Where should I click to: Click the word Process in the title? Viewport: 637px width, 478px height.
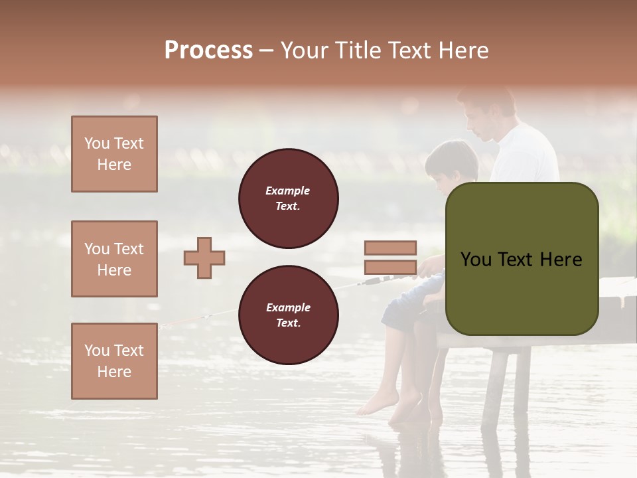(208, 50)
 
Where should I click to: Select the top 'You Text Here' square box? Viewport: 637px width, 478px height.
(114, 154)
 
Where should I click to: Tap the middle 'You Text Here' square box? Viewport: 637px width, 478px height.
(114, 259)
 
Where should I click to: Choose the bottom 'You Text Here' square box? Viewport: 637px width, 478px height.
(114, 361)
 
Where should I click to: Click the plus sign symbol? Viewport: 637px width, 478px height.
(204, 258)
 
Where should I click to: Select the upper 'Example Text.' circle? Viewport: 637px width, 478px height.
(288, 199)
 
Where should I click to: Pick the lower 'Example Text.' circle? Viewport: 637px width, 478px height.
(288, 315)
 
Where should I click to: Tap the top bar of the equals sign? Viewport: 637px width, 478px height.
(390, 248)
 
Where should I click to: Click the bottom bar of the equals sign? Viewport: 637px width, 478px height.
(390, 268)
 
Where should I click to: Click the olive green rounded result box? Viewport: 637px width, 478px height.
(522, 259)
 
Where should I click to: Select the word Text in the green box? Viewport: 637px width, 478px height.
(522, 260)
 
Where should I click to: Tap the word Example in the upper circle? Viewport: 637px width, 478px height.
(288, 191)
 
